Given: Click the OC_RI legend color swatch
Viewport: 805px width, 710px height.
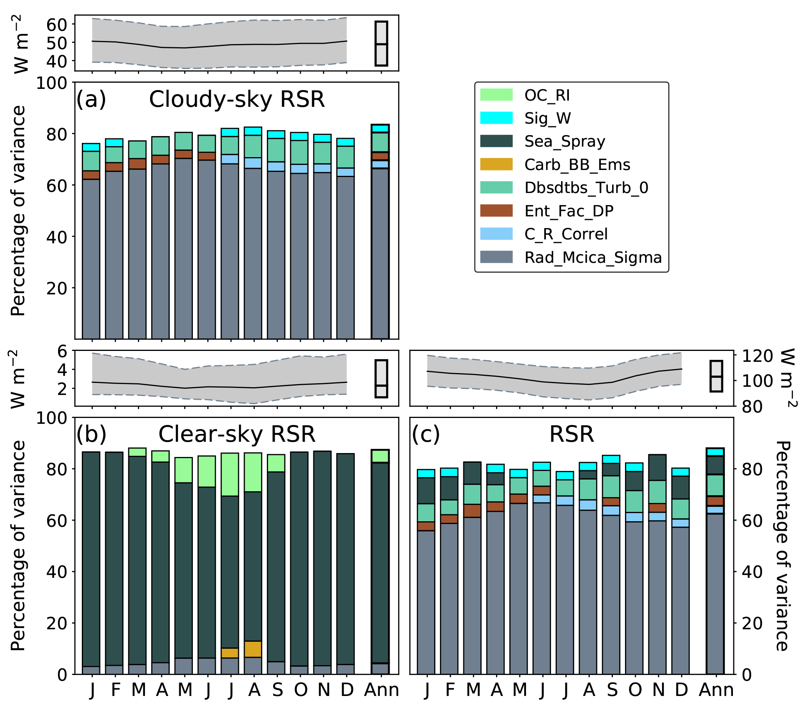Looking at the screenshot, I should coord(496,95).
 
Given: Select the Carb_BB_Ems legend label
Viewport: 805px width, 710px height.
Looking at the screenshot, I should coord(577,164).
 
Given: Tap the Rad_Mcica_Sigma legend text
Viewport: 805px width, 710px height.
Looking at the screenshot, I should coord(593,257).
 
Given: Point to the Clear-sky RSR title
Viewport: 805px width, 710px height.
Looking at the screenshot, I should coord(237,434).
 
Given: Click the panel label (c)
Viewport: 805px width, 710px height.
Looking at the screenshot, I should coord(426,434).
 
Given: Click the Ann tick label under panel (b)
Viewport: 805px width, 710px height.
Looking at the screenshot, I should coord(381,689).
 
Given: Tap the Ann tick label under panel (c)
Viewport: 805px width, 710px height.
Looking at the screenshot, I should coord(716,689).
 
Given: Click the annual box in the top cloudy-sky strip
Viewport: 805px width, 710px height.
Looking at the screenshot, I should coord(381,43).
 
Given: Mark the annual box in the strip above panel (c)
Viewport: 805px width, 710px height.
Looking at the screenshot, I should coord(716,376).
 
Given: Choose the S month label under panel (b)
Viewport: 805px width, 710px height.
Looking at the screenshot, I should coord(277,689).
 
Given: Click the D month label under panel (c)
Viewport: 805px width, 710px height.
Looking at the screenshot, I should coord(681,689).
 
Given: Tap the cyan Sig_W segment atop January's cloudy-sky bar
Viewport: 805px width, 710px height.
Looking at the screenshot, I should coord(91,147).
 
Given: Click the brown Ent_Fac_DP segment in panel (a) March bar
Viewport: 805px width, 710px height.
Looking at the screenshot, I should coord(137,163).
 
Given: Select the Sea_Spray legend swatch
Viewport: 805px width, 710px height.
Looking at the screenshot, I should coord(496,141).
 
